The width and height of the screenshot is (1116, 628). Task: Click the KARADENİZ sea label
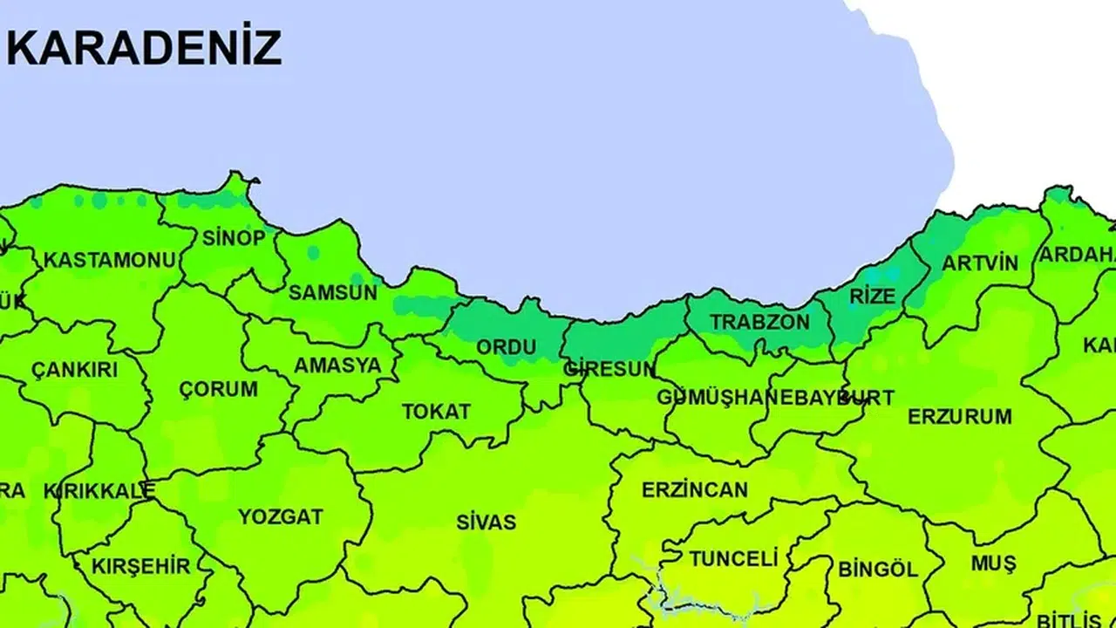pos(144,48)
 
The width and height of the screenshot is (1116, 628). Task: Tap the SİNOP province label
pos(234,237)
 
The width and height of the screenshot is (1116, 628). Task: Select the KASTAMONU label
pos(110,260)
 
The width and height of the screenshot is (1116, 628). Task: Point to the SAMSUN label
pos(333,292)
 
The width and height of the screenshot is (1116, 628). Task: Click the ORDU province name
pos(507,347)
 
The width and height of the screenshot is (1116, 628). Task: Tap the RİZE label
pos(873,296)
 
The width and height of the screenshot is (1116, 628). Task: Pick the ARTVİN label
pos(980,263)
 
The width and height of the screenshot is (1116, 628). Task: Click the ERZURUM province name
pos(960,416)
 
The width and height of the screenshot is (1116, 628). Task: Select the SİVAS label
pos(487,522)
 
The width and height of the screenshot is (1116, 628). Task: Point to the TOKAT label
pos(436,412)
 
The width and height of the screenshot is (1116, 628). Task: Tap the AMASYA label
pos(337,365)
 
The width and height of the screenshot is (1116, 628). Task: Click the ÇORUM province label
pos(219,389)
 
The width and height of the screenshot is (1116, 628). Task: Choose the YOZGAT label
pos(281,516)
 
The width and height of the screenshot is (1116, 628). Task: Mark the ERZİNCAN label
pos(695,489)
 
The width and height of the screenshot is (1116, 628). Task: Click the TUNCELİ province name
pos(733,558)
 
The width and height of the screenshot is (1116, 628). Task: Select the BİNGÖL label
pos(878,570)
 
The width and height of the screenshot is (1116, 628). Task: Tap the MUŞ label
pos(993,564)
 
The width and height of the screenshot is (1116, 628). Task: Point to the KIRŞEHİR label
pos(140,566)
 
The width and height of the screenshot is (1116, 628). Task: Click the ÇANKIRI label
pos(74,369)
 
